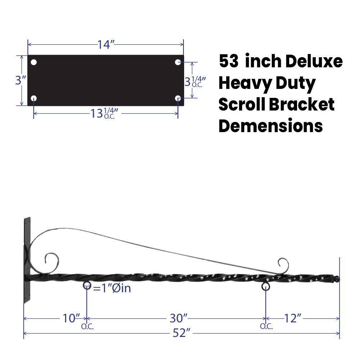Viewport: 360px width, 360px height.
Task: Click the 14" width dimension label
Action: coord(106,45)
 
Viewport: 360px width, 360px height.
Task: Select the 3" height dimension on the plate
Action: coord(20,80)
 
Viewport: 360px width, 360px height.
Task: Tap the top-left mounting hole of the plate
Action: coord(34,62)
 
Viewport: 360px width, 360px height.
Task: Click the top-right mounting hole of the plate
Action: coord(178,62)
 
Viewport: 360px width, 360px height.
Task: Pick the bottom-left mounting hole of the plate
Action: coord(34,98)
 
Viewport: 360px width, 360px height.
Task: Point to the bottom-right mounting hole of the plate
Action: coord(178,98)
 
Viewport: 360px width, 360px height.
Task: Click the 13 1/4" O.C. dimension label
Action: coord(104,113)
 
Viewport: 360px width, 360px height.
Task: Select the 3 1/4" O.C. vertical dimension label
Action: coord(194,81)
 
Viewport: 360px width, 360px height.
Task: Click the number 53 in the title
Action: coord(229,62)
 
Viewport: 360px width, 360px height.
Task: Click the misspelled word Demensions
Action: coord(270,126)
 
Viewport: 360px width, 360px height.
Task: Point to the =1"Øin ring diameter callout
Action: coord(112,288)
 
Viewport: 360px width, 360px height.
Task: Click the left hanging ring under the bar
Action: coord(87,286)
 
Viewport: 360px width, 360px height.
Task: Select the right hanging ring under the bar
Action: coord(266,287)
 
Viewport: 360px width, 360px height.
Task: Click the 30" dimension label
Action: coord(179,318)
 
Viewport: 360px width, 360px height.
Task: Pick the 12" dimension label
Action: coord(292,318)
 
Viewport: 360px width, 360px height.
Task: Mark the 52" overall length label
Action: coord(181,333)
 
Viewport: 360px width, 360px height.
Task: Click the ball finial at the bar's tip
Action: coord(337,279)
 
